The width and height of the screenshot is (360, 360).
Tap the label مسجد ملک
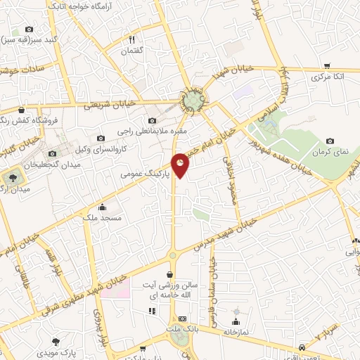pyautogui.click(x=103, y=218)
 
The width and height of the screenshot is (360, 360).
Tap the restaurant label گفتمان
pyautogui.click(x=131, y=51)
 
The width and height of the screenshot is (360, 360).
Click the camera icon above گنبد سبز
pyautogui.click(x=29, y=30)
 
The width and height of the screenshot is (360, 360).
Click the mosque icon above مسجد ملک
pyautogui.click(x=103, y=207)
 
